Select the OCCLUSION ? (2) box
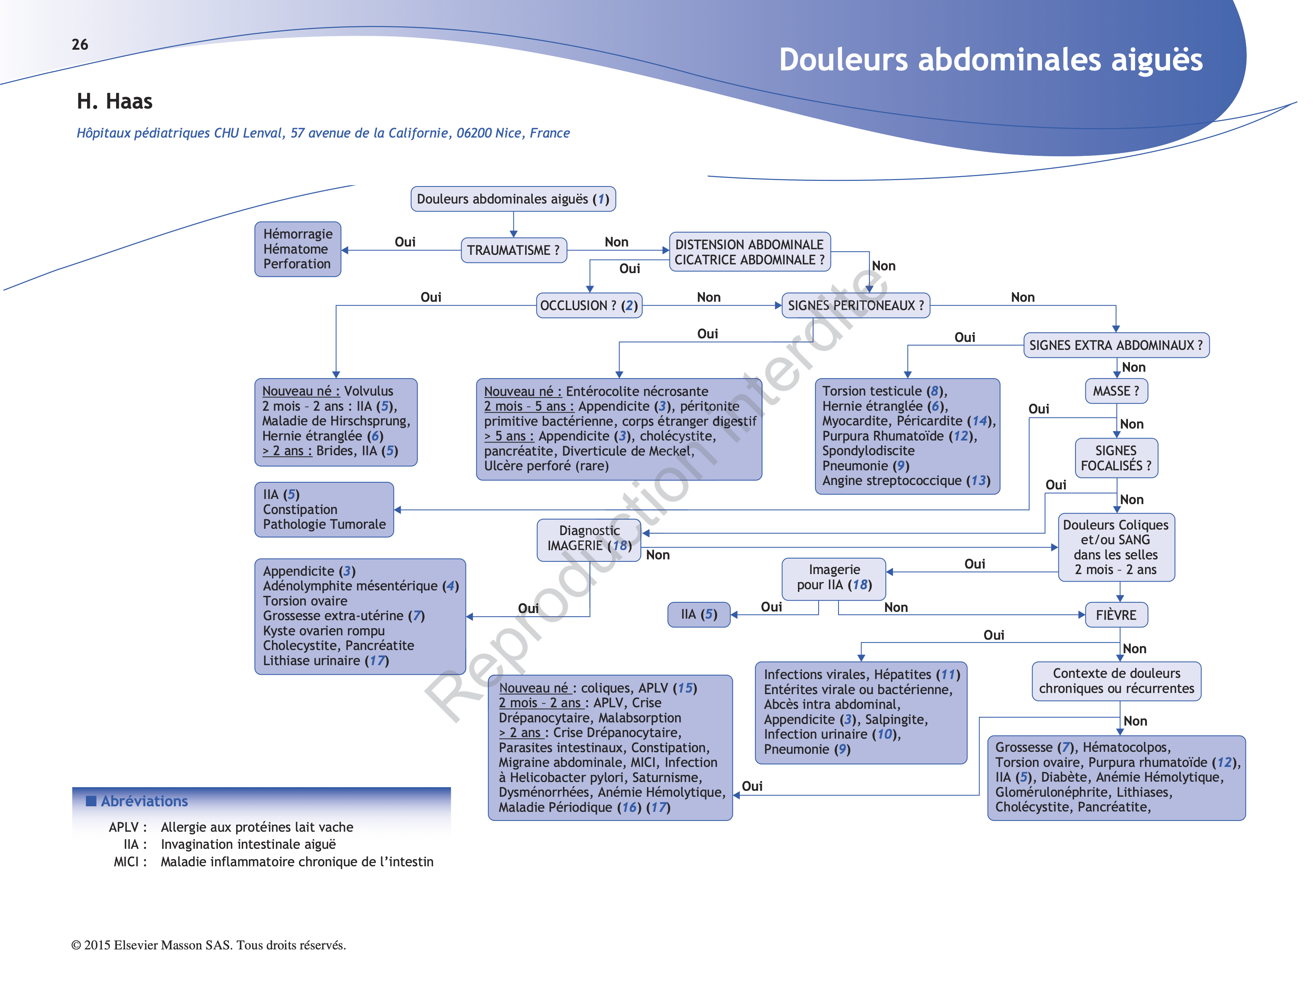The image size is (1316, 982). tap(588, 306)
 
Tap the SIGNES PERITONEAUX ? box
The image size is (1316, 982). tap(855, 306)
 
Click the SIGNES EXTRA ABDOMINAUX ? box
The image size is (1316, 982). tap(1115, 345)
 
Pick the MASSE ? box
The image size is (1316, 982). tap(1115, 391)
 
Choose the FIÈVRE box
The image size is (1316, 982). tap(1115, 615)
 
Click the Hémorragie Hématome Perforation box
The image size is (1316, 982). tap(297, 249)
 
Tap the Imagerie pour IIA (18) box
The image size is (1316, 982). tap(833, 577)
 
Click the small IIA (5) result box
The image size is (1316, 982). tap(699, 614)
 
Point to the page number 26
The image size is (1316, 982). tap(80, 45)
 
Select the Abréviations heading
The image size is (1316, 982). tap(144, 801)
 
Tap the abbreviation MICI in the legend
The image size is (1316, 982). tap(126, 862)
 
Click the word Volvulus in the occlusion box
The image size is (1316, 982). tap(369, 391)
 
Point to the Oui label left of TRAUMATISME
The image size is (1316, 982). tap(405, 242)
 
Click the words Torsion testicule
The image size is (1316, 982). tap(872, 391)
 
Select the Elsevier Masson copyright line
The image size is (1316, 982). tap(208, 945)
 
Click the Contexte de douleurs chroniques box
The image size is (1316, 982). tap(1116, 681)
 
